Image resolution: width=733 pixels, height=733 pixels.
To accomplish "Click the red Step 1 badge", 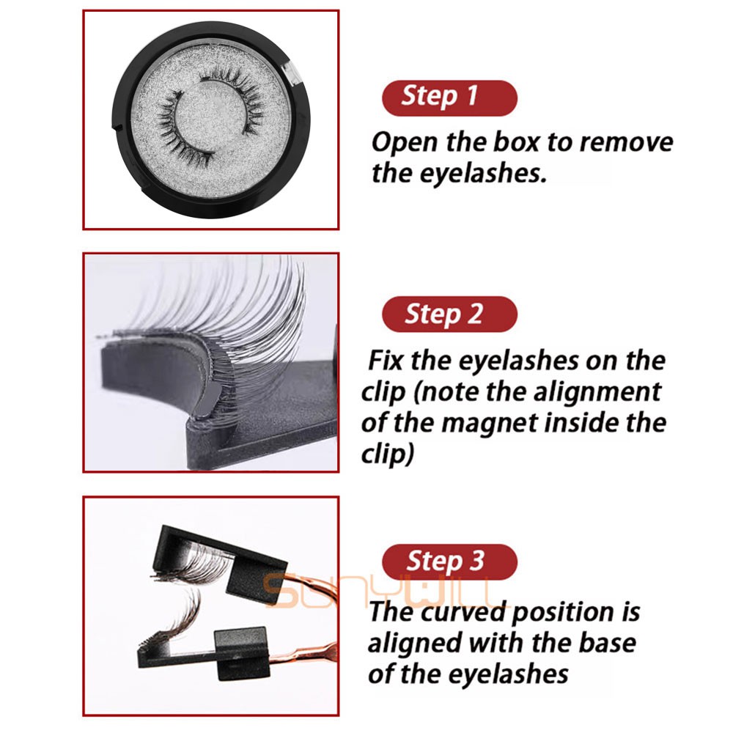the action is (449, 97).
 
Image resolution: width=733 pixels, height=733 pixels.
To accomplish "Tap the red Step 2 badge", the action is (449, 314).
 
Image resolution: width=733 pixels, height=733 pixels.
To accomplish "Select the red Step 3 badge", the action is (449, 561).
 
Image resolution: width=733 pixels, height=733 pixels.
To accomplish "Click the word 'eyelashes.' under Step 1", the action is (483, 174).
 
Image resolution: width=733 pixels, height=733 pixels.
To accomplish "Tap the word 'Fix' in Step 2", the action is (386, 361).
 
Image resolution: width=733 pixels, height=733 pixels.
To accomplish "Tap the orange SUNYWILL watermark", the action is (381, 590).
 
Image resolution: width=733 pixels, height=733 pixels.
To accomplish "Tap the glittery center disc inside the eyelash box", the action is (211, 116).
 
